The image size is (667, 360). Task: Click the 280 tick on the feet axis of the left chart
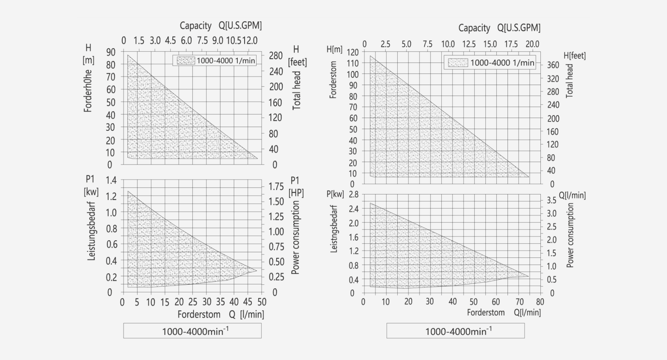(x=276, y=56)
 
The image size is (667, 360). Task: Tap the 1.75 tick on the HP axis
(x=276, y=186)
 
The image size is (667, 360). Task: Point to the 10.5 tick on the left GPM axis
(x=233, y=41)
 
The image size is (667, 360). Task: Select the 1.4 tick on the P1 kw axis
(x=111, y=180)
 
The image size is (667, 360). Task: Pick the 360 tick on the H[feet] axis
(x=552, y=65)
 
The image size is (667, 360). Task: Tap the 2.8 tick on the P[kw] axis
(x=353, y=195)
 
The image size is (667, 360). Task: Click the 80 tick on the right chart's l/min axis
(x=540, y=302)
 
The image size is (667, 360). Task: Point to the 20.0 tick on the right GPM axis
(x=532, y=44)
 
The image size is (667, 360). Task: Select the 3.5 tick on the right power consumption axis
(x=552, y=200)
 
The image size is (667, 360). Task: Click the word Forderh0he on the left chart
(x=88, y=90)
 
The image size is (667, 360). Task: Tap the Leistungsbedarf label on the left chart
(x=91, y=234)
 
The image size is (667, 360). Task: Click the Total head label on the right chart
(x=569, y=81)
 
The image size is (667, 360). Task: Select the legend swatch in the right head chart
(x=458, y=63)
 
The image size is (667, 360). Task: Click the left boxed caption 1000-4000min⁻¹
(x=192, y=331)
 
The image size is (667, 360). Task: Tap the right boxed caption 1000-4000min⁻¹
(x=455, y=331)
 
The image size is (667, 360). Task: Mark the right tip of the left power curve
(x=257, y=270)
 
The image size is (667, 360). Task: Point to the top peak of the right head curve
(x=370, y=56)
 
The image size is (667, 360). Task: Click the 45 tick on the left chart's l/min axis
(x=248, y=302)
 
